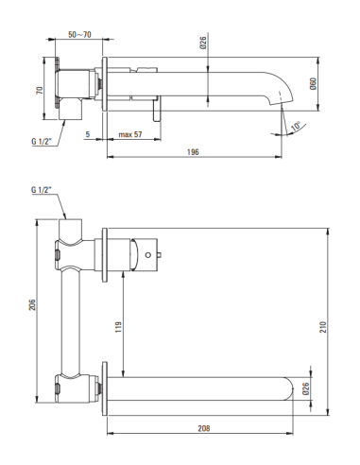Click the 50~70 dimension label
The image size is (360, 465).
pos(79,34)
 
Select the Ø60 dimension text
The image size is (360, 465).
pos(313,83)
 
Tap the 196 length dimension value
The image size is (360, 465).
pos(193,152)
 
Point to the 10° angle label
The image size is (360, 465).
pos(296,126)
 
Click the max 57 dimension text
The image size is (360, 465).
pos(130,134)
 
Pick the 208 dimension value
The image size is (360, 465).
pos(204,428)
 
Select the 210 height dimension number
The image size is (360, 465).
pos(323,327)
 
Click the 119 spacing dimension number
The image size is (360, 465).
pos(118,327)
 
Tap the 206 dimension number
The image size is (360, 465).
pos(32,304)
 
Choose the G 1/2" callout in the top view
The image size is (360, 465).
pos(42,141)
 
